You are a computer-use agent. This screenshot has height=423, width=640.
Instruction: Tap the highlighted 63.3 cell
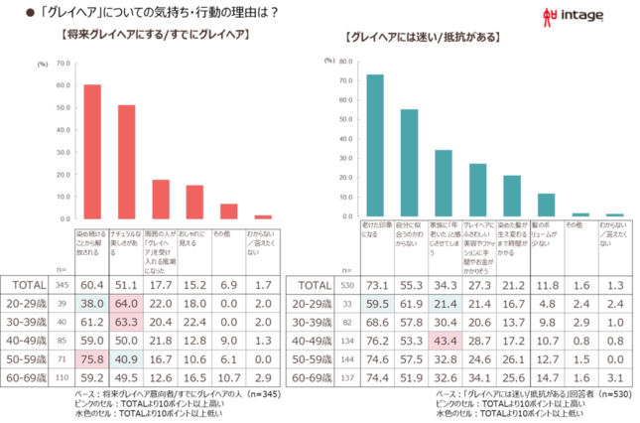(125, 322)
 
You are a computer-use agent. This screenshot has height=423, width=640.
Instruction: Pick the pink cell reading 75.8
(92, 359)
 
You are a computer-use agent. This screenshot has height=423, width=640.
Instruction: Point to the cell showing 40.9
(125, 359)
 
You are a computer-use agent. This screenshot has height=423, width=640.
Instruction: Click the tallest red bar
(92, 150)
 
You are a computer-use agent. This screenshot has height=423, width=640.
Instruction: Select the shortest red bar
(263, 215)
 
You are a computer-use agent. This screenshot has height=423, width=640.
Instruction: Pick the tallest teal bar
(375, 145)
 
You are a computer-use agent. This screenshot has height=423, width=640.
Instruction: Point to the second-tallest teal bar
(409, 163)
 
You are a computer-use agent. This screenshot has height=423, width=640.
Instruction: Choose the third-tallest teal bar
(444, 183)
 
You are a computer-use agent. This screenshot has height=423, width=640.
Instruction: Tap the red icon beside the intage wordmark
(551, 14)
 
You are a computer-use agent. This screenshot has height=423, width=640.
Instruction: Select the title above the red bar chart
(156, 35)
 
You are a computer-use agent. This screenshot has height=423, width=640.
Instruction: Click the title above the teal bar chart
(423, 37)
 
